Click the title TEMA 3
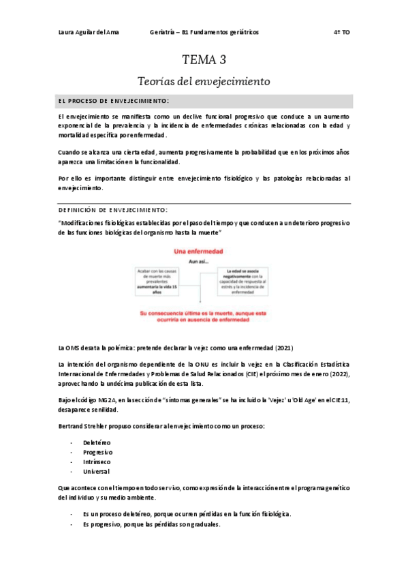[204, 59]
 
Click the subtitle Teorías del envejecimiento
[204, 81]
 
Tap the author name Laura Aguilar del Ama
[88, 32]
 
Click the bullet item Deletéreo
[97, 442]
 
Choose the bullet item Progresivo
[97, 452]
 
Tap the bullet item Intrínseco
[97, 461]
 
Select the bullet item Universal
[96, 471]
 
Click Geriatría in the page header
[164, 32]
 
